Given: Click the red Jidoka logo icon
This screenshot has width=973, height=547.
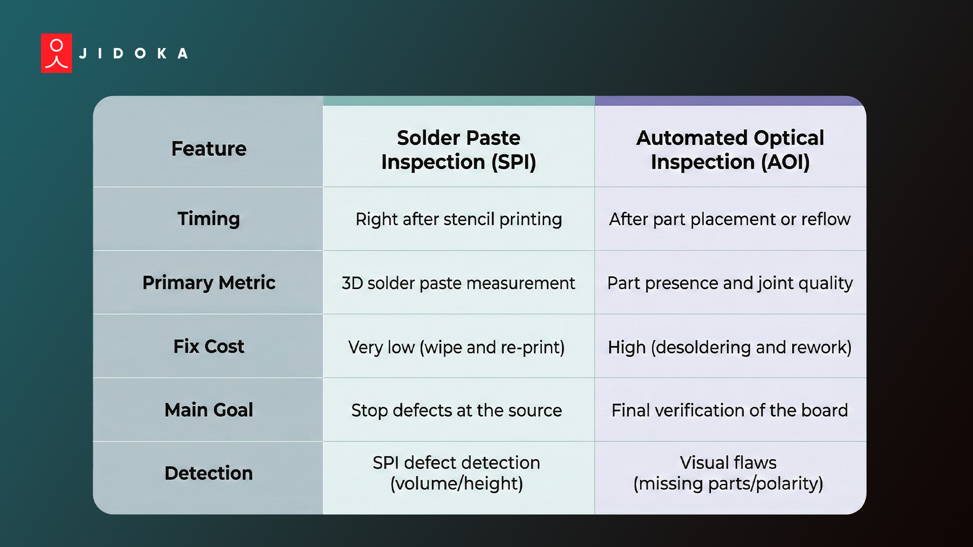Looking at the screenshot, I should pos(56,53).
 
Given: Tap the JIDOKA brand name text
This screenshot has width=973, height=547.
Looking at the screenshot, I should pos(134,54).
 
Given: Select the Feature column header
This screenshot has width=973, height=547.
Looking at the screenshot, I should pos(209,149).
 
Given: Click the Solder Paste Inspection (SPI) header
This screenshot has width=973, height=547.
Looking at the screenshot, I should pos(459,150).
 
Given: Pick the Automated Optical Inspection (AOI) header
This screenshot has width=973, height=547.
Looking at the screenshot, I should pos(730,150).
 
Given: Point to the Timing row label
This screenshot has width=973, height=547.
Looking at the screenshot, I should pos(209,219).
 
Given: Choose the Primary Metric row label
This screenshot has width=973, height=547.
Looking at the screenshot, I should pos(209,283).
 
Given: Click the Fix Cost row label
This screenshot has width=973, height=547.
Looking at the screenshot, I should pos(209,346).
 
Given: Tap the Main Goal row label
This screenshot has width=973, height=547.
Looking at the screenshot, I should pos(209,410).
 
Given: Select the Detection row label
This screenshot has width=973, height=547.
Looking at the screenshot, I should pos(209,473).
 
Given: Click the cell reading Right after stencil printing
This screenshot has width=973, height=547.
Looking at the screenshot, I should pos(459,219).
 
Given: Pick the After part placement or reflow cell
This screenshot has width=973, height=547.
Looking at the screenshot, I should pos(730,219).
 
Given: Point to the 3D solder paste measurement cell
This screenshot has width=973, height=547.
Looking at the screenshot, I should pos(458,283).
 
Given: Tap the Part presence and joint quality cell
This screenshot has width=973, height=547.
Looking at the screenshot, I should pos(730,283).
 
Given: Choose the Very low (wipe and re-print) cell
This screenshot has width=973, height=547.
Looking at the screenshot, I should pos(456,347).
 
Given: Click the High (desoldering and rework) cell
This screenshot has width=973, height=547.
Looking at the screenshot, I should pos(730,347).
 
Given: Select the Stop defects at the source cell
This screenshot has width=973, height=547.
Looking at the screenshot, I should pos(457,410).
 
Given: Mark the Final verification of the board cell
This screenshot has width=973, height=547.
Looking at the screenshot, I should pos(730,410).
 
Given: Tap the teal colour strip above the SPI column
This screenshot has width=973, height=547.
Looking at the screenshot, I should pos(459,101).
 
